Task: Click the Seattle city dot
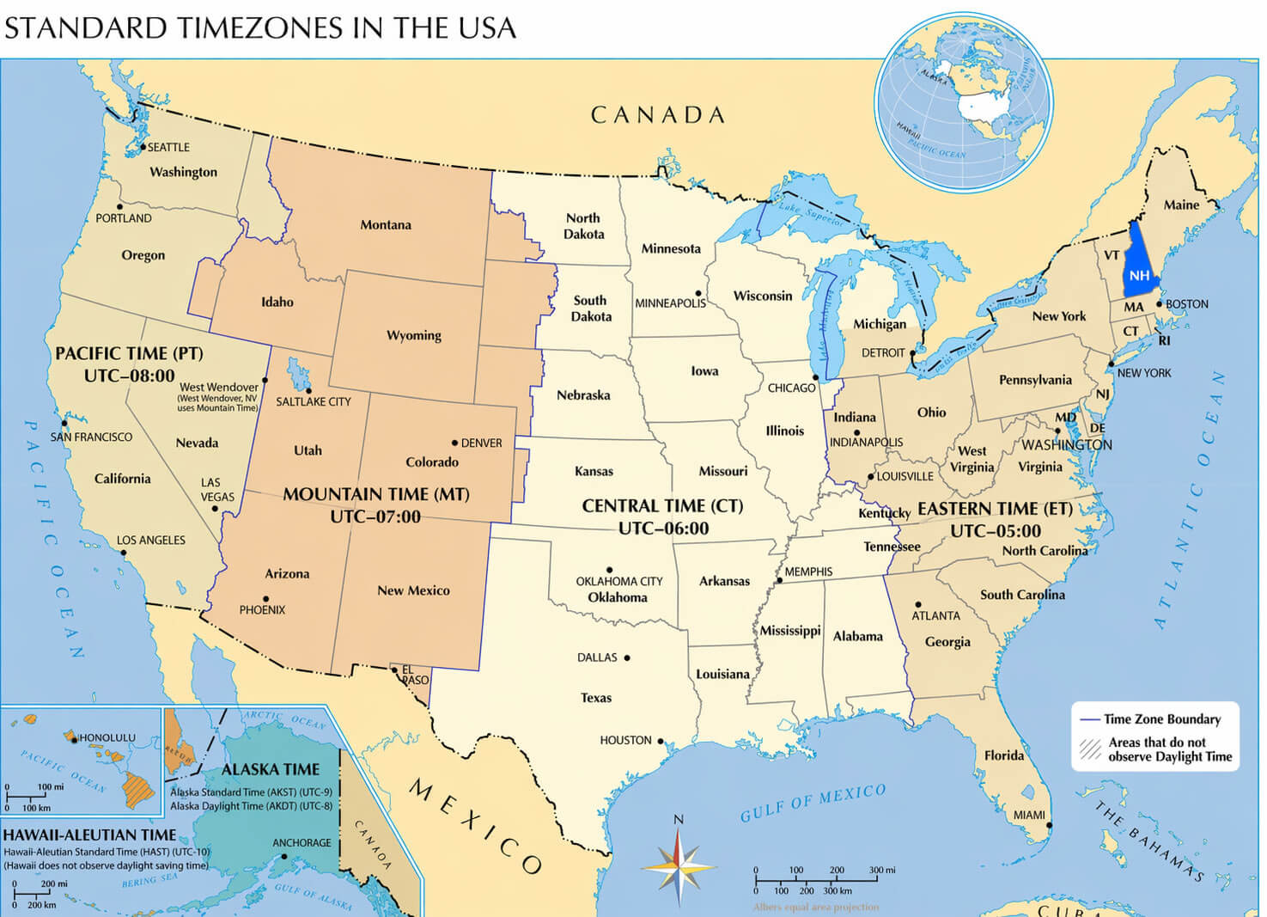(143, 147)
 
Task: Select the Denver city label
(481, 443)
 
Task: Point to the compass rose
(679, 864)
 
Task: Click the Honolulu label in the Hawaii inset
(107, 737)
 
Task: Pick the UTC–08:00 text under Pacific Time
(129, 376)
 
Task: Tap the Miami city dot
(1049, 825)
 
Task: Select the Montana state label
(385, 225)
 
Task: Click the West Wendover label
(219, 388)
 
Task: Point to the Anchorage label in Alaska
(302, 843)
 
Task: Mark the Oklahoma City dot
(609, 570)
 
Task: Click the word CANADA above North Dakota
(658, 115)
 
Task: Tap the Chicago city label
(791, 388)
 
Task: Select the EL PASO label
(415, 675)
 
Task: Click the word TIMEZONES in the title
(262, 28)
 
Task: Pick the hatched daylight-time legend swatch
(1090, 749)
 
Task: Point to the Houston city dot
(661, 740)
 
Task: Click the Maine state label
(1181, 205)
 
